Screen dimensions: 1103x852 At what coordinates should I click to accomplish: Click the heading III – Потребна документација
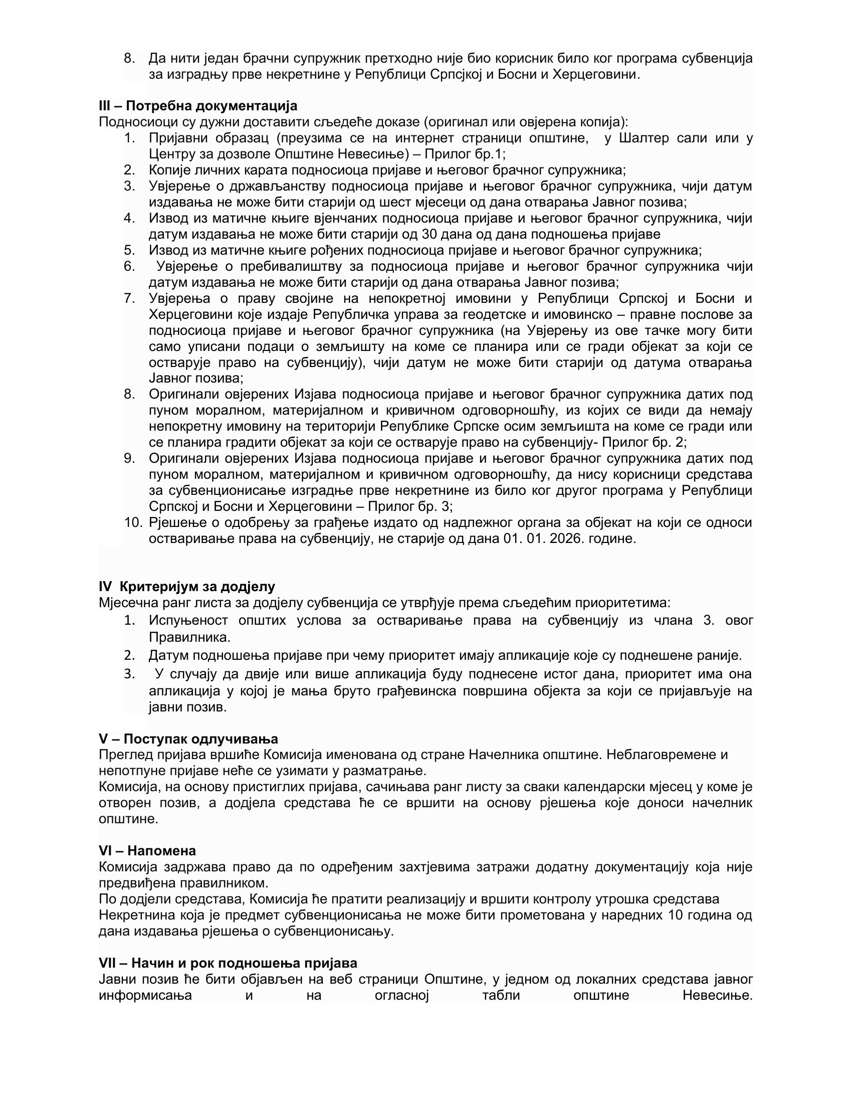[198, 106]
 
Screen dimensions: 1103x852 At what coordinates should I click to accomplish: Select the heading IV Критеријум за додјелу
[187, 587]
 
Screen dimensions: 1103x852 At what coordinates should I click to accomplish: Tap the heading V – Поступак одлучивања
[188, 739]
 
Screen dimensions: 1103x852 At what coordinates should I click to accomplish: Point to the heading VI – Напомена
[147, 851]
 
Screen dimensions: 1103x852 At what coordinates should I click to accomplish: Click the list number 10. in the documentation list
[134, 523]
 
